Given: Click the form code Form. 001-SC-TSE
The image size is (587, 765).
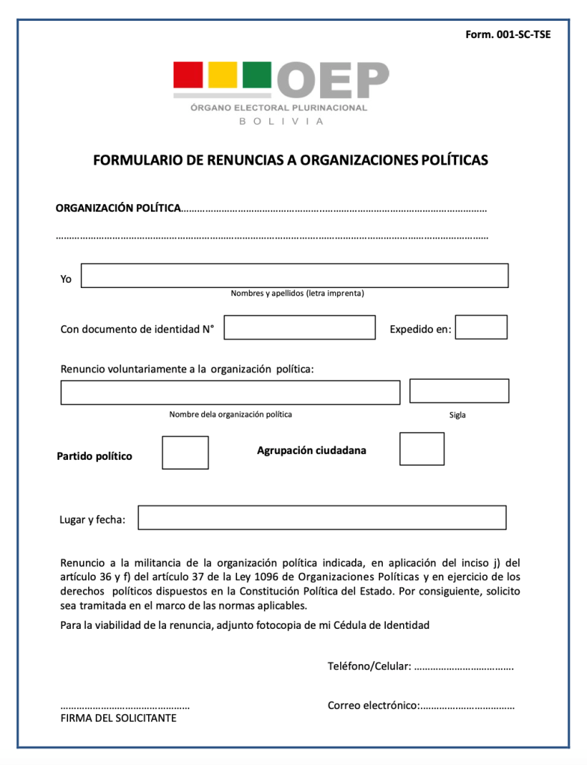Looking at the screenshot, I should click(x=508, y=34).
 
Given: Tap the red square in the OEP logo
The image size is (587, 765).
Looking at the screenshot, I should click(x=188, y=75).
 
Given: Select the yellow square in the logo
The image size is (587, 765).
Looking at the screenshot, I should click(x=222, y=75).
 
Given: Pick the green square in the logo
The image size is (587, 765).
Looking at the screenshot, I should click(x=256, y=75).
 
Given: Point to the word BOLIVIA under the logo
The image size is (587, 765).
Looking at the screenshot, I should click(x=281, y=122).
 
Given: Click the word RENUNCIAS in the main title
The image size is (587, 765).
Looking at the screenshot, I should click(x=241, y=160).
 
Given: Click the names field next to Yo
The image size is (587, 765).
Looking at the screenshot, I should click(x=294, y=275).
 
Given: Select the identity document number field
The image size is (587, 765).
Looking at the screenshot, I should click(x=299, y=328).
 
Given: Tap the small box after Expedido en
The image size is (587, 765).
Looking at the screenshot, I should click(x=481, y=327).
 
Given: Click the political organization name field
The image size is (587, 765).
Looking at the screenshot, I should click(x=230, y=393).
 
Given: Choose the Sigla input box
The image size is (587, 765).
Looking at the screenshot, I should click(x=459, y=391).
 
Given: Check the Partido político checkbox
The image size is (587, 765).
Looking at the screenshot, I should click(x=185, y=452).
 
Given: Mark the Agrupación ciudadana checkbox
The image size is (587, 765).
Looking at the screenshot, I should click(x=422, y=449).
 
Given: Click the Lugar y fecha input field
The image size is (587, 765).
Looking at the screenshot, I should click(x=322, y=517).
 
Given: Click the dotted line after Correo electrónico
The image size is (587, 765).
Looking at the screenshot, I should click(x=467, y=706).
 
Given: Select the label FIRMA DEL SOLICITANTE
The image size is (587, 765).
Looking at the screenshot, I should click(x=118, y=718).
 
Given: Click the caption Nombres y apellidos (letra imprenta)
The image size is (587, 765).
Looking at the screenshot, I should click(x=297, y=293).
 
